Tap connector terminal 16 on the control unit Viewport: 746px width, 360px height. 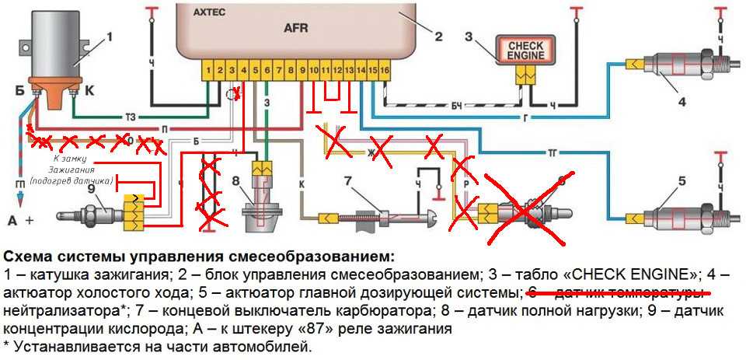click(x=384, y=71)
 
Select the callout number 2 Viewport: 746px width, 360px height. click(x=437, y=34)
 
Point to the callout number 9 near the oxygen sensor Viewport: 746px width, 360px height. click(x=91, y=187)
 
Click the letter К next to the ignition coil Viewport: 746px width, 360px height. click(x=88, y=90)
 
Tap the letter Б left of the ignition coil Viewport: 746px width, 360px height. click(x=16, y=89)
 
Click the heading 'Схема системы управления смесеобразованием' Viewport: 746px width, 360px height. click(x=199, y=257)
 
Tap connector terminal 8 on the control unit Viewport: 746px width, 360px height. click(x=291, y=71)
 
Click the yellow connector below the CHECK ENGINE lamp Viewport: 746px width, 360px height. click(x=526, y=74)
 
